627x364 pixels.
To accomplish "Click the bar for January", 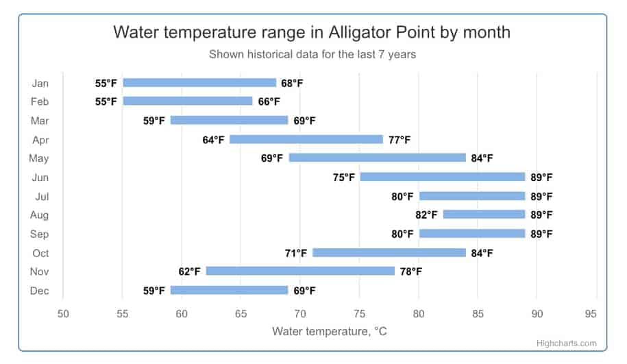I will [199, 83].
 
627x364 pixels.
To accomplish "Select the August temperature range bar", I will [484, 215].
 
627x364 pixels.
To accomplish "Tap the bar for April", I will [306, 140].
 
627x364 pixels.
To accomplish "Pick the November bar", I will [300, 271].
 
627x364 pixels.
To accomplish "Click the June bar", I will [442, 177].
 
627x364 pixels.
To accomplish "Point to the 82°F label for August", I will [426, 215].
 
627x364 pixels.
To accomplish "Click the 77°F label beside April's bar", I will [399, 140].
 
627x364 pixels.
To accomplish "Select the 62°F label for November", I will [189, 271].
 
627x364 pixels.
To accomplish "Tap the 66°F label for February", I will [269, 101].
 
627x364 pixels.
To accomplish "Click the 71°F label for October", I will [295, 253].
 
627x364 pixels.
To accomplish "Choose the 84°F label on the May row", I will [482, 158].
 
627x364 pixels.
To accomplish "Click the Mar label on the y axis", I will [40, 121].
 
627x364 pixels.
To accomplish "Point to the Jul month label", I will [41, 196].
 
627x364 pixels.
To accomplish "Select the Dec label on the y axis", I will [40, 291].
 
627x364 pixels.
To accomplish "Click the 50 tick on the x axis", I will [63, 314].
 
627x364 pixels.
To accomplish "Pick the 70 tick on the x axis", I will [300, 314].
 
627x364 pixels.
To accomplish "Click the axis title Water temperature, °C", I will [330, 332].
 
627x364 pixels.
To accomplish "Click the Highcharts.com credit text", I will [567, 343].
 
